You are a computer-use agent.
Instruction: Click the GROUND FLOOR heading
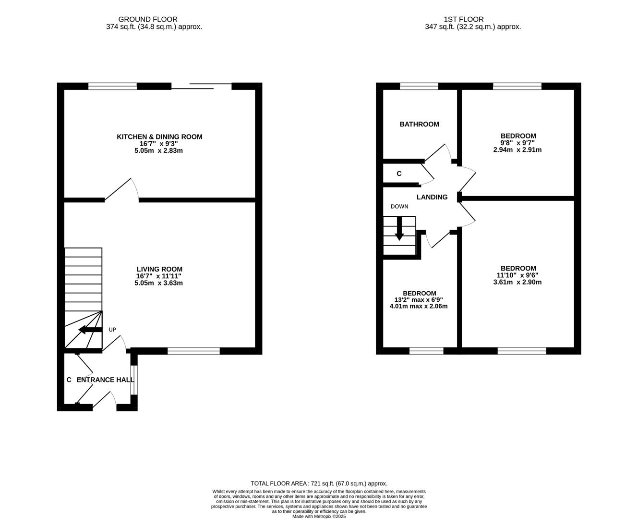click(148, 20)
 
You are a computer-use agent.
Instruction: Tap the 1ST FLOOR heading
click(463, 20)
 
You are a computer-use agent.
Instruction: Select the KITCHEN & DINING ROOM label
click(159, 137)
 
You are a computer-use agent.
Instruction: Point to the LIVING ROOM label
click(159, 269)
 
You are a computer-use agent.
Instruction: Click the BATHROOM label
click(419, 124)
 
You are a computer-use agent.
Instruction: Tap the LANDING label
click(432, 197)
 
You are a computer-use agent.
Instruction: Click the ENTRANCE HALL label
click(106, 380)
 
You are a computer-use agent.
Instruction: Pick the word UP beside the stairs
click(112, 330)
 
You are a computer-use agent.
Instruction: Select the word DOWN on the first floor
click(399, 207)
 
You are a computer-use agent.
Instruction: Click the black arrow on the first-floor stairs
click(399, 228)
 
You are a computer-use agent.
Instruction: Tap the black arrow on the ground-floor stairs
click(90, 330)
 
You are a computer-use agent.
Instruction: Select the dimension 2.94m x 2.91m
click(518, 149)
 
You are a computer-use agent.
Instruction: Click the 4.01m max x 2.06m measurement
click(419, 306)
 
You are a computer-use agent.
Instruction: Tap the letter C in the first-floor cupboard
click(399, 173)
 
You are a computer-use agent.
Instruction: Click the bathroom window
click(419, 86)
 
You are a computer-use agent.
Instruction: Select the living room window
click(193, 351)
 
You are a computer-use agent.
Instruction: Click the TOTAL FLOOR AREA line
click(319, 483)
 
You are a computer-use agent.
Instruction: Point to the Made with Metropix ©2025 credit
click(319, 516)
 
